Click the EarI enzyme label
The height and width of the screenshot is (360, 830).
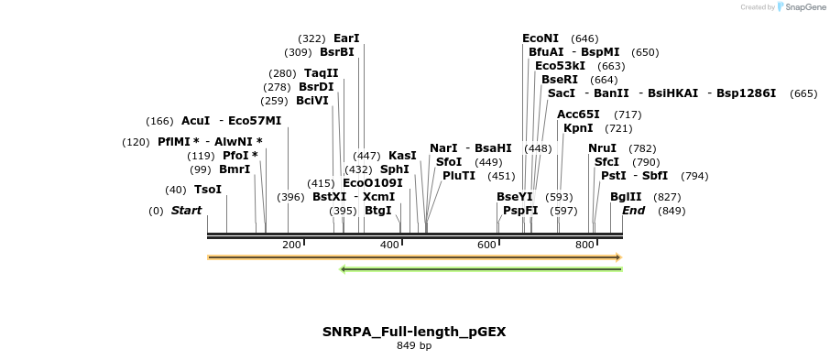(x=346, y=38)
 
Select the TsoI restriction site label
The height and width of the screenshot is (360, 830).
(x=208, y=190)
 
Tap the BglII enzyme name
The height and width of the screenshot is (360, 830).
(x=626, y=197)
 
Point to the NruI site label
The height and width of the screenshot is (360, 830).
(x=602, y=148)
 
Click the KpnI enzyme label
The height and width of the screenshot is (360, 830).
(x=578, y=128)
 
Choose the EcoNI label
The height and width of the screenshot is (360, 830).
(x=541, y=38)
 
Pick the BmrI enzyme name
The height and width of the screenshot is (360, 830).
(x=234, y=169)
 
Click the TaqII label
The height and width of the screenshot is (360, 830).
(x=321, y=73)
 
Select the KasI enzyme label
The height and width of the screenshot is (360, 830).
(x=402, y=156)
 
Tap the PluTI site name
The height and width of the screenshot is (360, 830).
(x=459, y=176)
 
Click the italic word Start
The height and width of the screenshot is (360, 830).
(x=186, y=211)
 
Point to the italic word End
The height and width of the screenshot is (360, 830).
(x=633, y=211)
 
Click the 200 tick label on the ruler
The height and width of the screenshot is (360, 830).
(x=291, y=245)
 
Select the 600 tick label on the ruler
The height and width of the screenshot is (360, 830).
(x=486, y=245)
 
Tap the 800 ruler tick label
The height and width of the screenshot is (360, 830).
(x=584, y=245)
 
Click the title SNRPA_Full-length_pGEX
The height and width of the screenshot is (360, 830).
(x=414, y=332)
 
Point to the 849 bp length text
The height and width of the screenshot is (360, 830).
(x=414, y=346)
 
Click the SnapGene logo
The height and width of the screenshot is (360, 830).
(x=797, y=7)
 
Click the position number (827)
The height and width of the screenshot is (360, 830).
(x=668, y=197)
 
